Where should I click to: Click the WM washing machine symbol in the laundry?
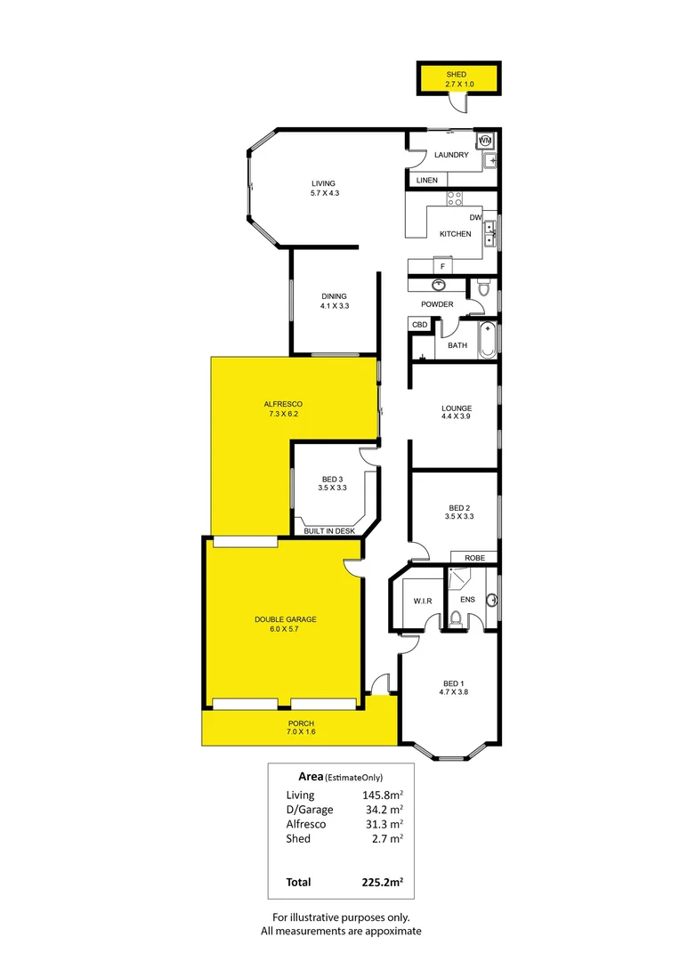pyautogui.click(x=485, y=141)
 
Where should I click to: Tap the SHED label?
pyautogui.click(x=457, y=75)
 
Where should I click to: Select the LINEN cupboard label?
pyautogui.click(x=427, y=181)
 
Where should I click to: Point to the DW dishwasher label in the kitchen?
pyautogui.click(x=475, y=218)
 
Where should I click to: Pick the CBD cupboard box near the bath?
pyautogui.click(x=419, y=326)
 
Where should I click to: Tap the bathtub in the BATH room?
pyautogui.click(x=486, y=340)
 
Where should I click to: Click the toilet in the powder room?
pyautogui.click(x=483, y=288)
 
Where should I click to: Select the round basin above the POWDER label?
pyautogui.click(x=439, y=286)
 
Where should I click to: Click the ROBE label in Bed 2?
pyautogui.click(x=474, y=558)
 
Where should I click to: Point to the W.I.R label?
pyautogui.click(x=422, y=602)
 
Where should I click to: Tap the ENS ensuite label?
pyautogui.click(x=467, y=600)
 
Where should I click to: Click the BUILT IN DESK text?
pyautogui.click(x=329, y=531)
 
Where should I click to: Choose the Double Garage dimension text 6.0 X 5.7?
pyautogui.click(x=285, y=630)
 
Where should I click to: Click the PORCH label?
pyautogui.click(x=302, y=723)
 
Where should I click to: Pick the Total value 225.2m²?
pyautogui.click(x=383, y=883)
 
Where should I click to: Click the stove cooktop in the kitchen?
pyautogui.click(x=453, y=199)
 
